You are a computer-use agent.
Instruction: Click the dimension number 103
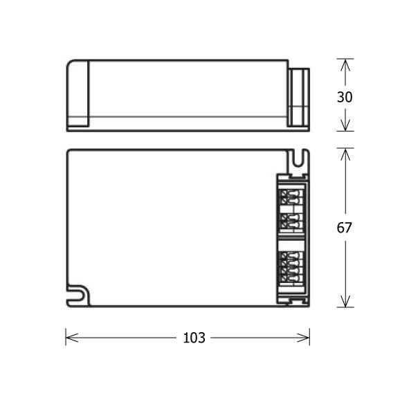(194, 338)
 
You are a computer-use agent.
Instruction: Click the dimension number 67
(345, 228)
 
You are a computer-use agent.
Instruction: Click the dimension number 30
(345, 97)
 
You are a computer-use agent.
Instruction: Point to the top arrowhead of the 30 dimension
(345, 64)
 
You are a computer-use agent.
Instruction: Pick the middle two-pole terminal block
(290, 223)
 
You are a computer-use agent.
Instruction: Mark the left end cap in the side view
(78, 94)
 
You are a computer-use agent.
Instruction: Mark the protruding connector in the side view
(298, 97)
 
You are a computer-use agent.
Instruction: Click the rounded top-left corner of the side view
(70, 64)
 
